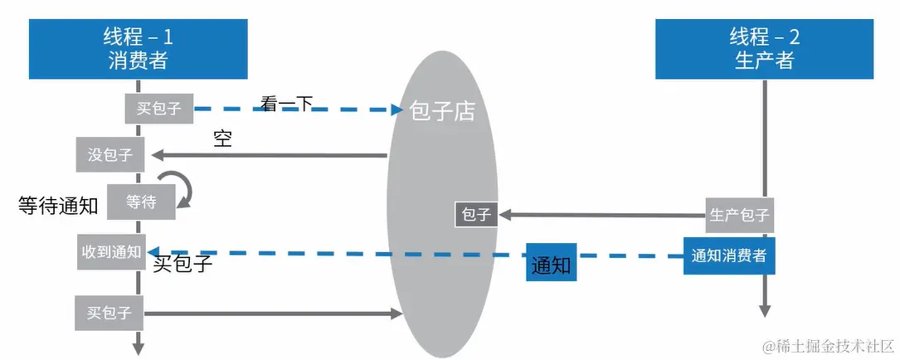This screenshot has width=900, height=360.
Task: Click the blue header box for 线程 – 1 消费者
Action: coord(139,49)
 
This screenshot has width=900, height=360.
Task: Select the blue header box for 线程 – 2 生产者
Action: coord(765,49)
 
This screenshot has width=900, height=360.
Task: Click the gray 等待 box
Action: coord(141,202)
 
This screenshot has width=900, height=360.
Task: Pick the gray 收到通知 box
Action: coord(112,252)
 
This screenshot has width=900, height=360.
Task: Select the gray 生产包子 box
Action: coord(739,215)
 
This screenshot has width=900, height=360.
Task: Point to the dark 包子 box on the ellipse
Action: coord(476,215)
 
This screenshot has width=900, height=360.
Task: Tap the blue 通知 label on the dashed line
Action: coord(551,262)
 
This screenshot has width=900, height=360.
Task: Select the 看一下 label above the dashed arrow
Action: coord(286,104)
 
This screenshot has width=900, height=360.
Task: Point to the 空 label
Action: coord(222,139)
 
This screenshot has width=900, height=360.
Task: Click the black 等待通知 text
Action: coord(59,205)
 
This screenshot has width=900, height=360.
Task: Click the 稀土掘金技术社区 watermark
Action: coord(829,346)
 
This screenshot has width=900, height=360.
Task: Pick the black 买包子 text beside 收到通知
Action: coord(183,264)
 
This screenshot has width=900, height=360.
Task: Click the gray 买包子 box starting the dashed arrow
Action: coord(159,108)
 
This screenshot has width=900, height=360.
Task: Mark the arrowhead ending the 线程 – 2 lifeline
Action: coord(765,310)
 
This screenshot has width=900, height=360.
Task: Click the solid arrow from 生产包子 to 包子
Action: coord(601,216)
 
